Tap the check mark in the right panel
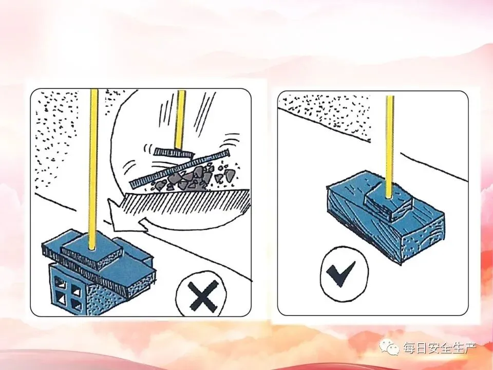point(341,272)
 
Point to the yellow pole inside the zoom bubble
point(180,120)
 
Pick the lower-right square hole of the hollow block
point(76,304)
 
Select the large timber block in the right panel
point(386,217)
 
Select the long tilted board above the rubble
point(180,169)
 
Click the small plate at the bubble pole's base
point(174,153)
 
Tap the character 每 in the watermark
point(410,348)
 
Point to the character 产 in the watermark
point(470,348)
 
